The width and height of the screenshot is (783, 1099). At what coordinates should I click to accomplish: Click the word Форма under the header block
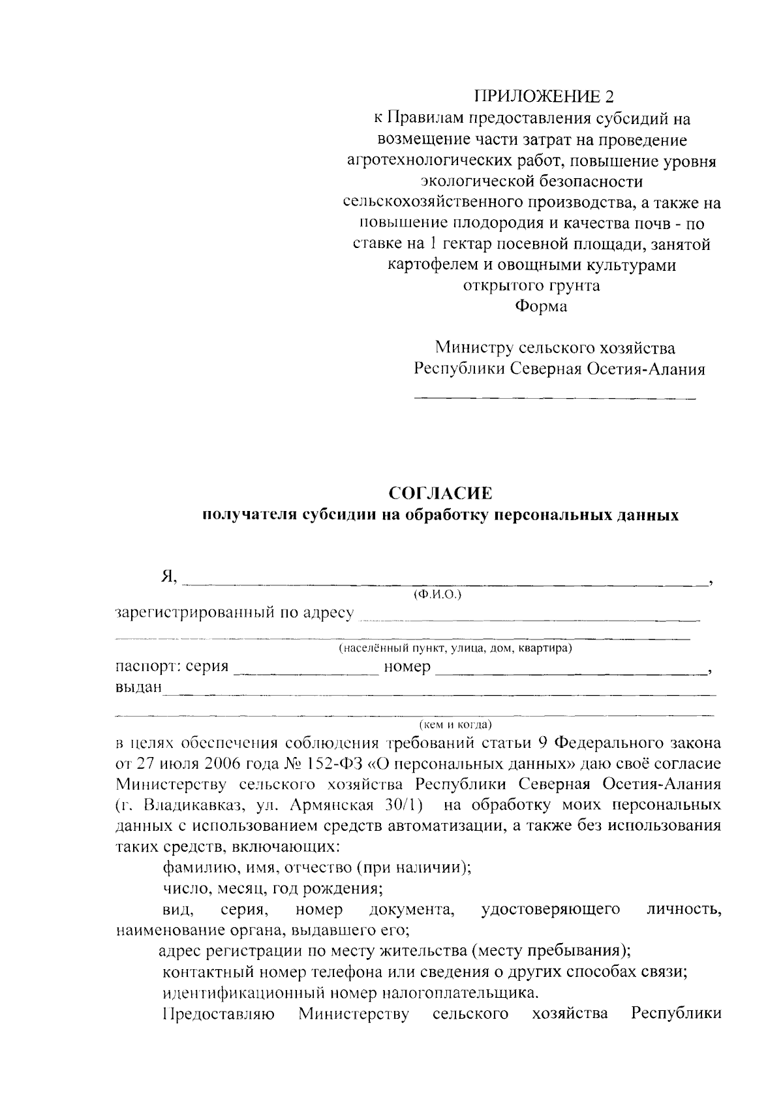coord(541,307)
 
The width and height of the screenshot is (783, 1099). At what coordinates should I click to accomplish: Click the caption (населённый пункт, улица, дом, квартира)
coord(455,649)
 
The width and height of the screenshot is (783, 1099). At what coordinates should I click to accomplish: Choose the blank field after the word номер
coord(571,671)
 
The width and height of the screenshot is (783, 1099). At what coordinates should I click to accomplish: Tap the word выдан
coord(138,689)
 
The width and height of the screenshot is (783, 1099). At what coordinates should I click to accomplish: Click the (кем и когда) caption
coord(455,724)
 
